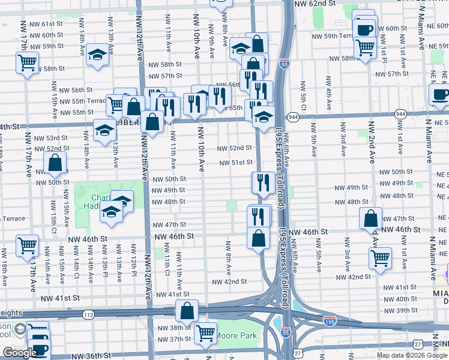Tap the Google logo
click(20, 353)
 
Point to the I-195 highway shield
click(330, 321)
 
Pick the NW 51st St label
click(234, 162)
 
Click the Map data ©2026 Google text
click(411, 355)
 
